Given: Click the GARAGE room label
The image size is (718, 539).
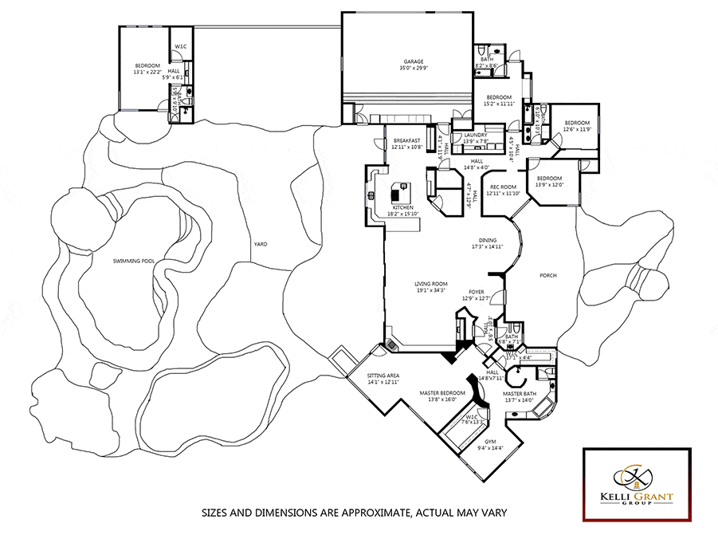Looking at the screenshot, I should click(413, 61).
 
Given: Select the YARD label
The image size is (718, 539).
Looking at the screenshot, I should click(259, 244).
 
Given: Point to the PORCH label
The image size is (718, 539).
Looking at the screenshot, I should click(547, 276).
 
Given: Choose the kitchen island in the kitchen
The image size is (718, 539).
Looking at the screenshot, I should click(398, 192).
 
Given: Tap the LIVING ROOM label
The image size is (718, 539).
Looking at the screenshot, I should click(431, 284).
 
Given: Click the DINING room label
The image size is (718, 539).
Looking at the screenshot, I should click(488, 240).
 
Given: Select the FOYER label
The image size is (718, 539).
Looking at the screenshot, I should click(477, 292).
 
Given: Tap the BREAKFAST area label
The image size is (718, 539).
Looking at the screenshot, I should click(406, 140).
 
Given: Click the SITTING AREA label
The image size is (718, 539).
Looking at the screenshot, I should click(383, 376).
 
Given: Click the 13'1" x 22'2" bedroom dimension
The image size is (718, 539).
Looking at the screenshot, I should click(147, 72).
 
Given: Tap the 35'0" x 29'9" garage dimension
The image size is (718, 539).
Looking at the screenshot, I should click(413, 69).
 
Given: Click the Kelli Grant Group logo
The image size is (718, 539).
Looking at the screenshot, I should click(636, 484).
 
